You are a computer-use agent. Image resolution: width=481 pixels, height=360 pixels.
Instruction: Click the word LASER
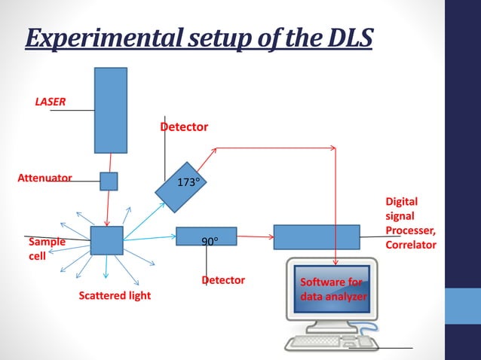tap(50, 101)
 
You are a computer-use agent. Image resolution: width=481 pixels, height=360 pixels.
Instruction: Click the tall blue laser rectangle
tap(111, 110)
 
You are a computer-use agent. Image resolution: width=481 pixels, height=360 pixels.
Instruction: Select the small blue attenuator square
tap(109, 181)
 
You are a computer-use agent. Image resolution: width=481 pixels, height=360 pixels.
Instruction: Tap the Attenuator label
tap(44, 178)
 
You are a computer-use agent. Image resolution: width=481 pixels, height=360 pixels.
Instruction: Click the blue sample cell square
tap(106, 240)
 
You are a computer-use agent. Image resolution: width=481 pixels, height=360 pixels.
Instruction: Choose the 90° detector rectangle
tap(206, 236)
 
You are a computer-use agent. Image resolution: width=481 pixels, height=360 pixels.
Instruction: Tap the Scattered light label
tap(115, 295)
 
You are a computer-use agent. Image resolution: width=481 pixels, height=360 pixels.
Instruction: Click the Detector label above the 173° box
tap(184, 127)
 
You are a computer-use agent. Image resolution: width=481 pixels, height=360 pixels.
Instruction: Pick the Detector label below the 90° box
tap(223, 280)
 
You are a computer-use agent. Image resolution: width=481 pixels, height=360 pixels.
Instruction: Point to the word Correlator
tap(410, 245)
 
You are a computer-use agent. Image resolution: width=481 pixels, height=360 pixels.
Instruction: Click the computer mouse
tap(366, 341)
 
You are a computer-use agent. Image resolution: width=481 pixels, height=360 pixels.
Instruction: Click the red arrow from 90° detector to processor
tap(255, 236)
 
